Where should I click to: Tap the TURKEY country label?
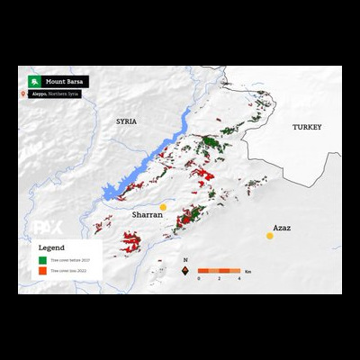(x=306, y=128)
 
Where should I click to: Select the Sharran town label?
(x=147, y=216)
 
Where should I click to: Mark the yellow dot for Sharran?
(x=164, y=207)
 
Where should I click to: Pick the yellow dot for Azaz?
(x=269, y=236)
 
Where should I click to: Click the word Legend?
(x=51, y=246)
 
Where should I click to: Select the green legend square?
(x=41, y=258)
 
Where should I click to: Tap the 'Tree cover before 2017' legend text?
(x=71, y=258)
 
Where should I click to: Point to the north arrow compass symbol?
(x=184, y=268)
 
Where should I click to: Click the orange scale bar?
(x=219, y=270)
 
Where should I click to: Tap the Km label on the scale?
(x=248, y=270)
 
